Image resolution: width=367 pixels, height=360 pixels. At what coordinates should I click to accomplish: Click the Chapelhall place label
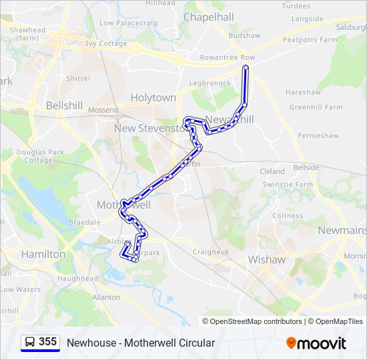pos(208,17)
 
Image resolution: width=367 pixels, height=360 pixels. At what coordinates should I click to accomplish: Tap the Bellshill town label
pos(64,106)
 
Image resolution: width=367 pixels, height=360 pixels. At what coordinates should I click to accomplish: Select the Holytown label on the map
pos(153,97)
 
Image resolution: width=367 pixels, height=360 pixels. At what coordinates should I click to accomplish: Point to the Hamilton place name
pos(43,254)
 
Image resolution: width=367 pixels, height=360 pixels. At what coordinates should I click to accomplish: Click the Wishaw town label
pos(266,259)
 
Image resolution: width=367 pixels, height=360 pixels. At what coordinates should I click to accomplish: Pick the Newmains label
pos(342,230)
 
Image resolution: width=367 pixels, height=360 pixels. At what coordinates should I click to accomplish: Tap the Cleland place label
pos(272,171)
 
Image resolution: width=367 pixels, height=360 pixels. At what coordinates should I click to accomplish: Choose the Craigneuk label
pos(211,251)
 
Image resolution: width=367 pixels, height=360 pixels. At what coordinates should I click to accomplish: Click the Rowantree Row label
pos(228,58)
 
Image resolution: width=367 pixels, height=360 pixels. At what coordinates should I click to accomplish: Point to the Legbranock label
pos(210,83)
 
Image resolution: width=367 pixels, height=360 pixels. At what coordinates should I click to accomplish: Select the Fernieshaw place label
pos(318,135)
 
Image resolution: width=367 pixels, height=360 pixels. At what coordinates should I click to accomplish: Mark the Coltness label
pos(287,215)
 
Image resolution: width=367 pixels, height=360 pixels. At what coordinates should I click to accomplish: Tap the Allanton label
pos(107,297)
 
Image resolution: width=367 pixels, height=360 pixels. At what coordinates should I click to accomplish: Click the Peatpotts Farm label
pos(310,40)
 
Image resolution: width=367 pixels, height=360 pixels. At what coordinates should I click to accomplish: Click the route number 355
pos(47,342)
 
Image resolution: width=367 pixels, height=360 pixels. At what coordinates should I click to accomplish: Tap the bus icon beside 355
pos(30,343)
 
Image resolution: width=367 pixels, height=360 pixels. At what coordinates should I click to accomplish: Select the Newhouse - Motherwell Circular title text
pos(141,343)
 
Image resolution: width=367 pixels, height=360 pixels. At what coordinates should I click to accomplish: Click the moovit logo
pos(316,343)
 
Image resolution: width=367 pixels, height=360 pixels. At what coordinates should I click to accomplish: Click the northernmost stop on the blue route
pos(246,68)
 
